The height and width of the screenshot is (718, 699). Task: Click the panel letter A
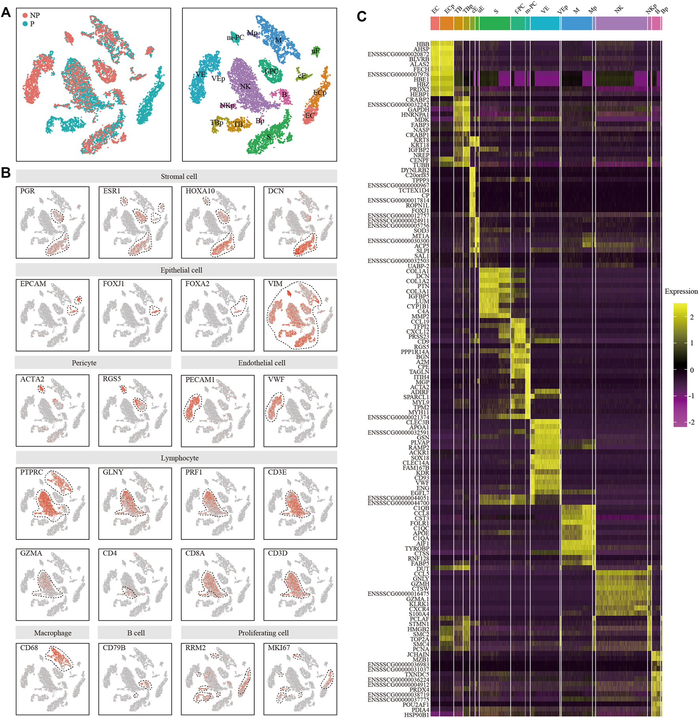pos(6,13)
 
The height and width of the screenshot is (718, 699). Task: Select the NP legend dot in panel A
pos(25,15)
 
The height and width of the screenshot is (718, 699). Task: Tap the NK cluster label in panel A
pos(245,86)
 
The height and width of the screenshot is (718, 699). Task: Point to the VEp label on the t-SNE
pos(218,79)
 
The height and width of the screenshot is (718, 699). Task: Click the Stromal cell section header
pos(179,176)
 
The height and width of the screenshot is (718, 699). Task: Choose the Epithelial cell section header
pos(181,270)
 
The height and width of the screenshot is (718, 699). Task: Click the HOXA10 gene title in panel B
pos(200,191)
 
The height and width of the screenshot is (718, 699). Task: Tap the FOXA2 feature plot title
pos(197,284)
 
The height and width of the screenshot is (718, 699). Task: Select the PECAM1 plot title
pos(200,380)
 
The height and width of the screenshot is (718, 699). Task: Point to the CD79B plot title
pos(114,648)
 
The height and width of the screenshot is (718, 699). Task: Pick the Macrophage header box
pos(53,633)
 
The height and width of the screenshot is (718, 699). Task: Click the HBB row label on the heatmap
pos(422,45)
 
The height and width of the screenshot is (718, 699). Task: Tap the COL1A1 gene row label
pos(417,271)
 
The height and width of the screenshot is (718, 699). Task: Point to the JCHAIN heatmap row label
pos(418,655)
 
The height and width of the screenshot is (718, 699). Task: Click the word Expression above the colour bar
pos(681,291)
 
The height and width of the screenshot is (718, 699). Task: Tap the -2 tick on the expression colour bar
pos(691,422)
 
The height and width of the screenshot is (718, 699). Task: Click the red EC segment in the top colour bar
pos(435,23)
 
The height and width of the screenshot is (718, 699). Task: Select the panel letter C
pos(361,17)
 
